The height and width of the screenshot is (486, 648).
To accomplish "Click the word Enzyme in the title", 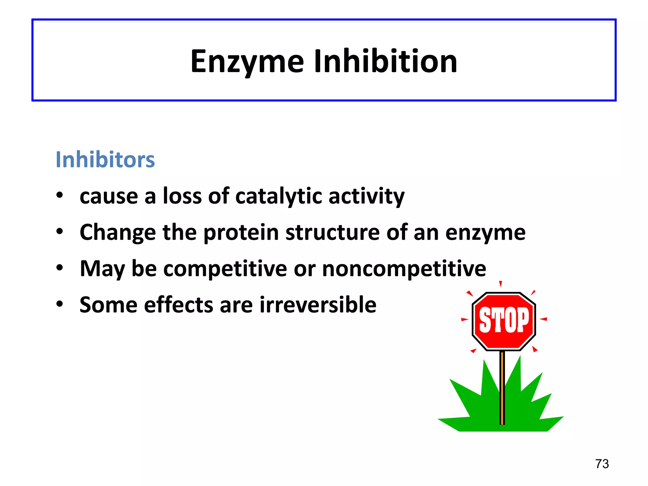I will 247,62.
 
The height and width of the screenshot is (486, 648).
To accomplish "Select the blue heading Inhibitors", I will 105,159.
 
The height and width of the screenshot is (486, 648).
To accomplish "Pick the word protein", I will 241,233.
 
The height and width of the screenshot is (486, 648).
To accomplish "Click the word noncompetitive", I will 404,269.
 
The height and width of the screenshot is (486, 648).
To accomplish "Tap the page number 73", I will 602,464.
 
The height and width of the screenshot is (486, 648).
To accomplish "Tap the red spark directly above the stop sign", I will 500,283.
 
